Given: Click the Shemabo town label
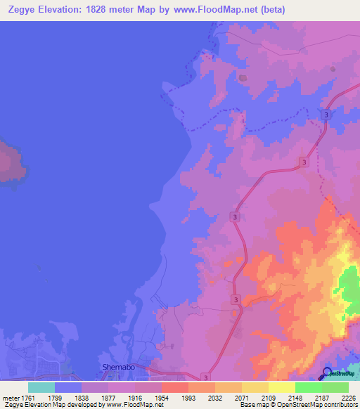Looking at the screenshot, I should pos(117,367).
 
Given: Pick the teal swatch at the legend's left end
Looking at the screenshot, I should pos(41,387).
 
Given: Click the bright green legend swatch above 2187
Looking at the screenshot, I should pos(308,387).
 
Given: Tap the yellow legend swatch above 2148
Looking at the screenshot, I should pos(281,387).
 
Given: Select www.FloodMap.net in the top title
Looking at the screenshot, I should pos(222,8).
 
